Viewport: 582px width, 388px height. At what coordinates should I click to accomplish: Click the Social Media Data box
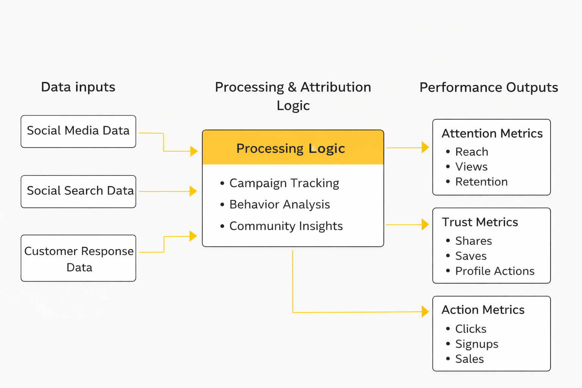click(78, 131)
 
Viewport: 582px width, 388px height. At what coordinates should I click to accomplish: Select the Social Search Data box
click(78, 191)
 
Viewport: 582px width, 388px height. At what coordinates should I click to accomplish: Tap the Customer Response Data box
click(78, 258)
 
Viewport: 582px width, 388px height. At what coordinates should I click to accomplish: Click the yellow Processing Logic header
click(293, 148)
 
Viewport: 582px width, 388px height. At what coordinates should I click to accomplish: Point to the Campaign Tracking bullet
click(284, 183)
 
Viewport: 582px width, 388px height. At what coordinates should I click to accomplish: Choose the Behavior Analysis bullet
click(279, 205)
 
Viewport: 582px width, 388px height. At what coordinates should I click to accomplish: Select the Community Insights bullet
click(286, 226)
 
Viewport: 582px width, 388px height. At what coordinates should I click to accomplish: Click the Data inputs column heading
click(78, 87)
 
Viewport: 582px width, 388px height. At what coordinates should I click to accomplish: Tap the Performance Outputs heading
click(488, 88)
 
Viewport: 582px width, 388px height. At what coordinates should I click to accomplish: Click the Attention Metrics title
click(492, 133)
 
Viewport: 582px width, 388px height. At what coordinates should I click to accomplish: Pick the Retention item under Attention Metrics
click(481, 182)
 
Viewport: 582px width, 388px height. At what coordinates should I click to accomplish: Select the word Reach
click(471, 152)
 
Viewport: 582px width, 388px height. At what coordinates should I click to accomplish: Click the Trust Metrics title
click(480, 222)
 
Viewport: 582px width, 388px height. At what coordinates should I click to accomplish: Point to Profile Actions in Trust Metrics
click(494, 271)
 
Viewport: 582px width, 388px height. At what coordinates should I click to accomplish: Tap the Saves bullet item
click(471, 256)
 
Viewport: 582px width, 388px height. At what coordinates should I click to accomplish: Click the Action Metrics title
click(483, 310)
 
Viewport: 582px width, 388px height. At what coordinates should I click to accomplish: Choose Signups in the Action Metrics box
click(476, 344)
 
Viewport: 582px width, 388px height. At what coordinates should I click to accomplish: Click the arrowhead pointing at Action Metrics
click(425, 311)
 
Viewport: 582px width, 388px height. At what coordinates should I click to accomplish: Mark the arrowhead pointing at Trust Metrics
click(425, 224)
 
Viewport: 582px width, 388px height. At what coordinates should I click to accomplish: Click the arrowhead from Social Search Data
click(193, 191)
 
